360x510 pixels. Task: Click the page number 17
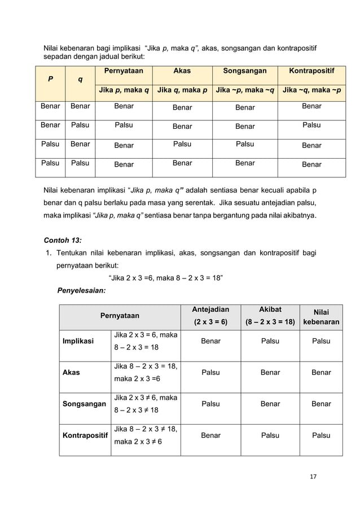coord(313,477)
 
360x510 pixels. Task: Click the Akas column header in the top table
coord(182,71)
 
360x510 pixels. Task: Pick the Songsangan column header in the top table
coord(244,71)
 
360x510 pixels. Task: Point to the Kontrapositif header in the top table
coord(311,71)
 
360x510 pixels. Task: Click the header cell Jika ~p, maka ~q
coord(244,90)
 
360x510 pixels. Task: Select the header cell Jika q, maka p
coord(182,90)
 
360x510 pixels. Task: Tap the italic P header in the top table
coord(50,80)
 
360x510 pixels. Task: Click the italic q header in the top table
coord(80,80)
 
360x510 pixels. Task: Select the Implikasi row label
coord(78,341)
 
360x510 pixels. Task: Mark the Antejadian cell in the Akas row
coord(210,373)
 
